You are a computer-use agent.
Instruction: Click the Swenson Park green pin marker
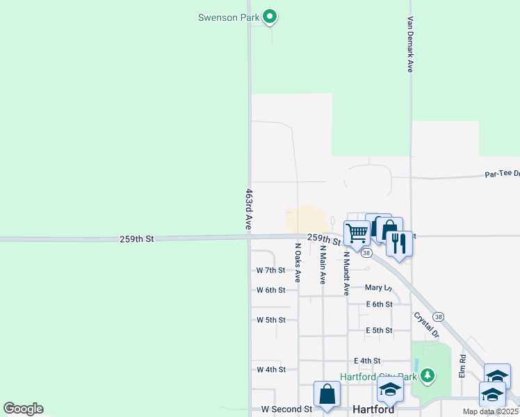[x=270, y=17]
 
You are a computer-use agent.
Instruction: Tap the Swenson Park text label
[x=228, y=17]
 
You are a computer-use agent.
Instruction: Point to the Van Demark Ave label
[x=410, y=44]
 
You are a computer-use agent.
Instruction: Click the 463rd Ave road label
[x=248, y=209]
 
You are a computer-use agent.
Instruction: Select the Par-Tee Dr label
[x=501, y=174]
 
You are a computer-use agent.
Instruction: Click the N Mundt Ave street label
[x=346, y=274]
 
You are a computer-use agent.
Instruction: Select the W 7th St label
[x=271, y=270]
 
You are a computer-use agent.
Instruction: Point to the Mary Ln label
[x=378, y=287]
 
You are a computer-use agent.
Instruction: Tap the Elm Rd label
[x=462, y=366]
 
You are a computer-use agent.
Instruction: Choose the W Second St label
[x=286, y=409]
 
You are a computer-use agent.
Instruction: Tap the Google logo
[x=23, y=409]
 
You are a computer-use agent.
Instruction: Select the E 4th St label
[x=367, y=361]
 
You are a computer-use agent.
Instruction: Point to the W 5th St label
[x=271, y=320]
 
